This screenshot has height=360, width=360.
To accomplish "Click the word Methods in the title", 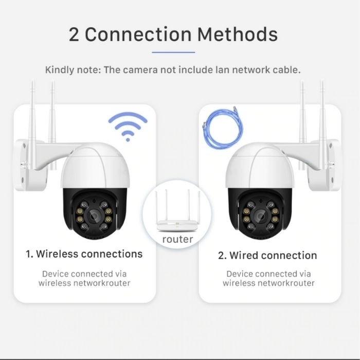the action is click(238, 34).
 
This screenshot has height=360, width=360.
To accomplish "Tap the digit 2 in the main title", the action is click(74, 34).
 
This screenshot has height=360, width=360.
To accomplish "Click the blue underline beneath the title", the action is click(173, 52).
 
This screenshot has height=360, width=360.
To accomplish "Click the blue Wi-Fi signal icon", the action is click(128, 127).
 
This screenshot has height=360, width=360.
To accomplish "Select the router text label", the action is click(177, 240).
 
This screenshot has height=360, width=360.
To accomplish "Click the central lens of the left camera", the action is click(94, 215).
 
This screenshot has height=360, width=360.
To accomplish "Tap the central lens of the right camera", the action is click(261, 216).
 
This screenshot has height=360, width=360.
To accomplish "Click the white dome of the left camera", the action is click(95, 166).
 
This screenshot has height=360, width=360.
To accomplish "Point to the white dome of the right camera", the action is click(259, 166).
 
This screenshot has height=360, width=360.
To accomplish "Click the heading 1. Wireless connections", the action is click(84, 254).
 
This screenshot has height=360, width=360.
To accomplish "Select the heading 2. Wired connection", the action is click(267, 255).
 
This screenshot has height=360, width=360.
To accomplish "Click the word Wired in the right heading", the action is click(244, 255).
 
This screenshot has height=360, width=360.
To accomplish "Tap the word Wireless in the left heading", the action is click(57, 254).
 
